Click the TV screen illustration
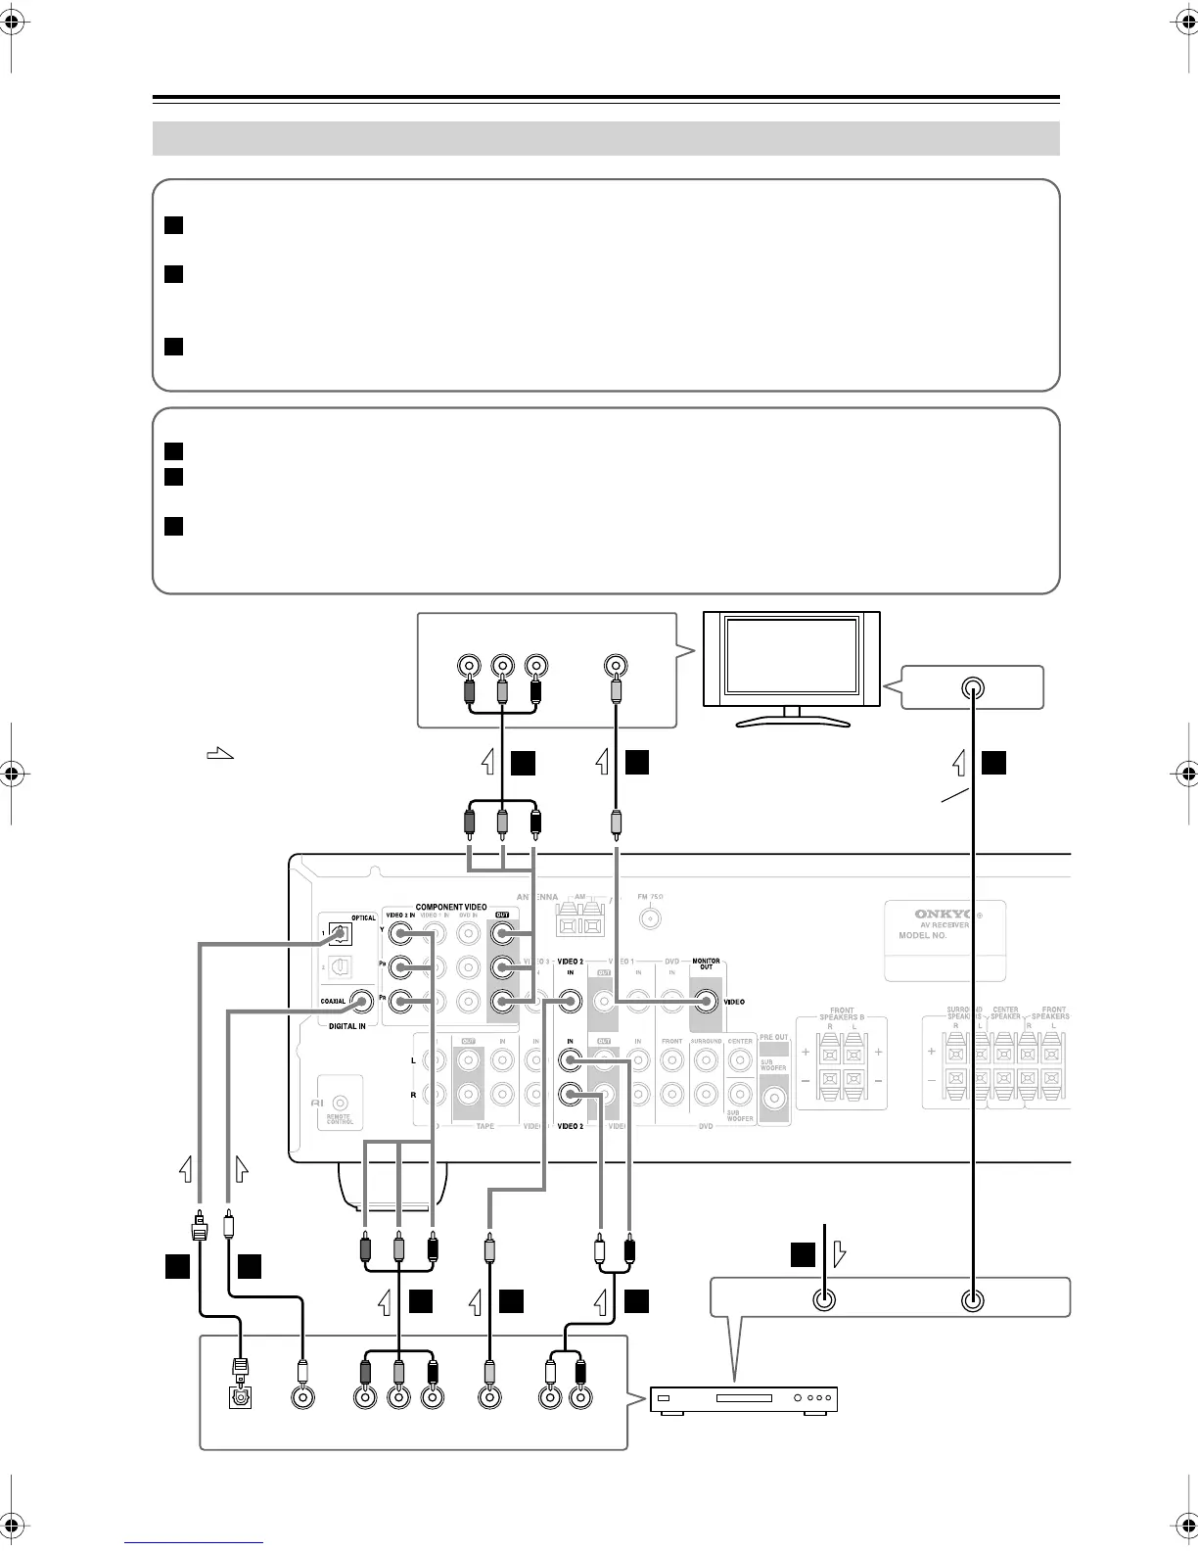[x=792, y=660]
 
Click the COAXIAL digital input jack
[x=363, y=1001]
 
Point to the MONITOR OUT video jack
[x=705, y=1001]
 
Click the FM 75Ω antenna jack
[x=649, y=918]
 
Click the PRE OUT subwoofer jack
[x=774, y=1099]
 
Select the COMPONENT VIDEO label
[x=451, y=907]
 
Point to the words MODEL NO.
[x=923, y=936]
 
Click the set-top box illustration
[x=745, y=1399]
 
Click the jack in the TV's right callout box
[x=972, y=687]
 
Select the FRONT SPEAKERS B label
[x=841, y=1013]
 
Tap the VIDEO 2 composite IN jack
[x=569, y=1001]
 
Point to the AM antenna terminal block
[x=579, y=919]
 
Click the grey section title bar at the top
[x=606, y=138]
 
